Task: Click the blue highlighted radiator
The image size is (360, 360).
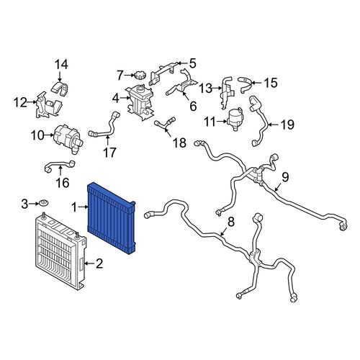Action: pos(112,218)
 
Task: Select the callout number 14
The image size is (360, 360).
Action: pos(61,65)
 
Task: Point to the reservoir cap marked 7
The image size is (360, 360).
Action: pos(138,75)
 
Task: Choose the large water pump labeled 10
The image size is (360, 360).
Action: pos(68,138)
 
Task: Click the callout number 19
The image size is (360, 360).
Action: pos(287,125)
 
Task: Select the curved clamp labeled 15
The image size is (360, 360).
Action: pos(245,84)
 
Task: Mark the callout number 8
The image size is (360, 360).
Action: pos(230,222)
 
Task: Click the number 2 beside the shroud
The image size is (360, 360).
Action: pos(99,264)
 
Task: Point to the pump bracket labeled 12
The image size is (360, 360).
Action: pos(48,105)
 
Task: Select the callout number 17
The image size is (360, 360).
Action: pos(109,152)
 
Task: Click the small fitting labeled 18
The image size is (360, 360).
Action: pos(166,123)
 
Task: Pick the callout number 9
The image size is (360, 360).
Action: pos(285,177)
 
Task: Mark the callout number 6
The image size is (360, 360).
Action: pos(193,106)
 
